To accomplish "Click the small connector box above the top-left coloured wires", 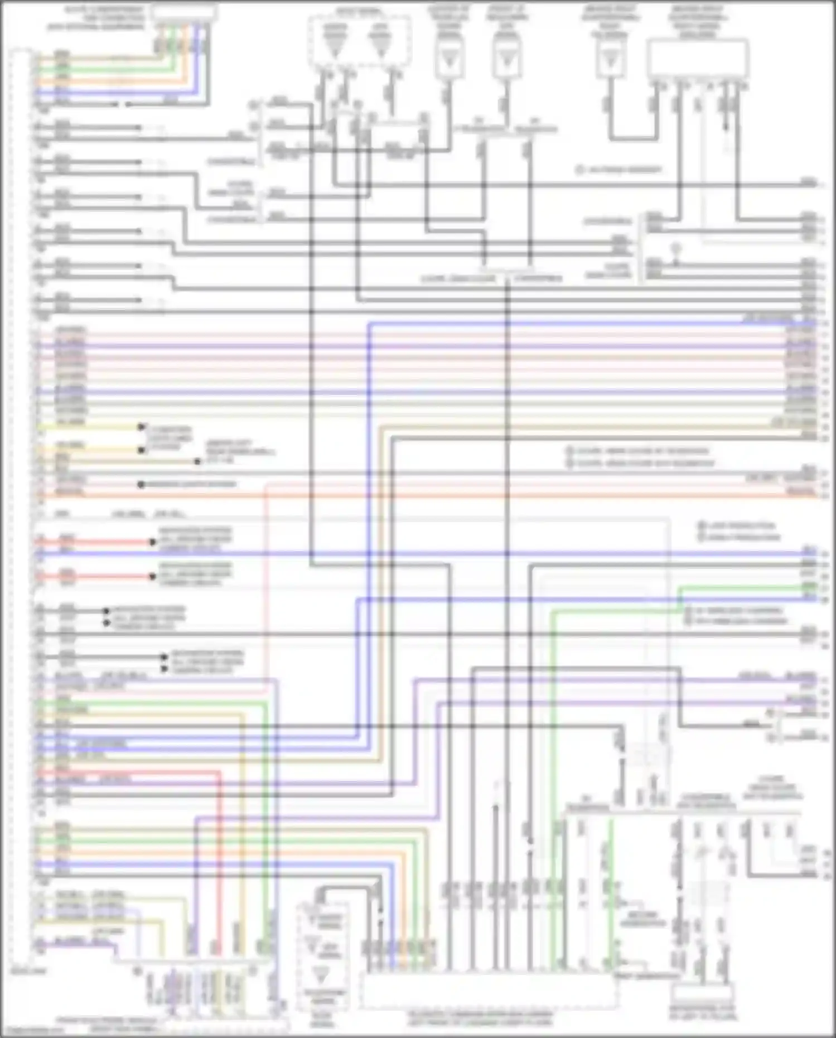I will (x=184, y=12).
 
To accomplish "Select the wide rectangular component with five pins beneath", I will (x=697, y=59).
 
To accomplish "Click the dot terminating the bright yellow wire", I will (x=142, y=427).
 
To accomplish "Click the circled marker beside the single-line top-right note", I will (x=579, y=170).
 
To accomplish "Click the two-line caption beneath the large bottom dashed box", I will (x=480, y=1018).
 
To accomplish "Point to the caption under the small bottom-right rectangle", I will (x=702, y=1012).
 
